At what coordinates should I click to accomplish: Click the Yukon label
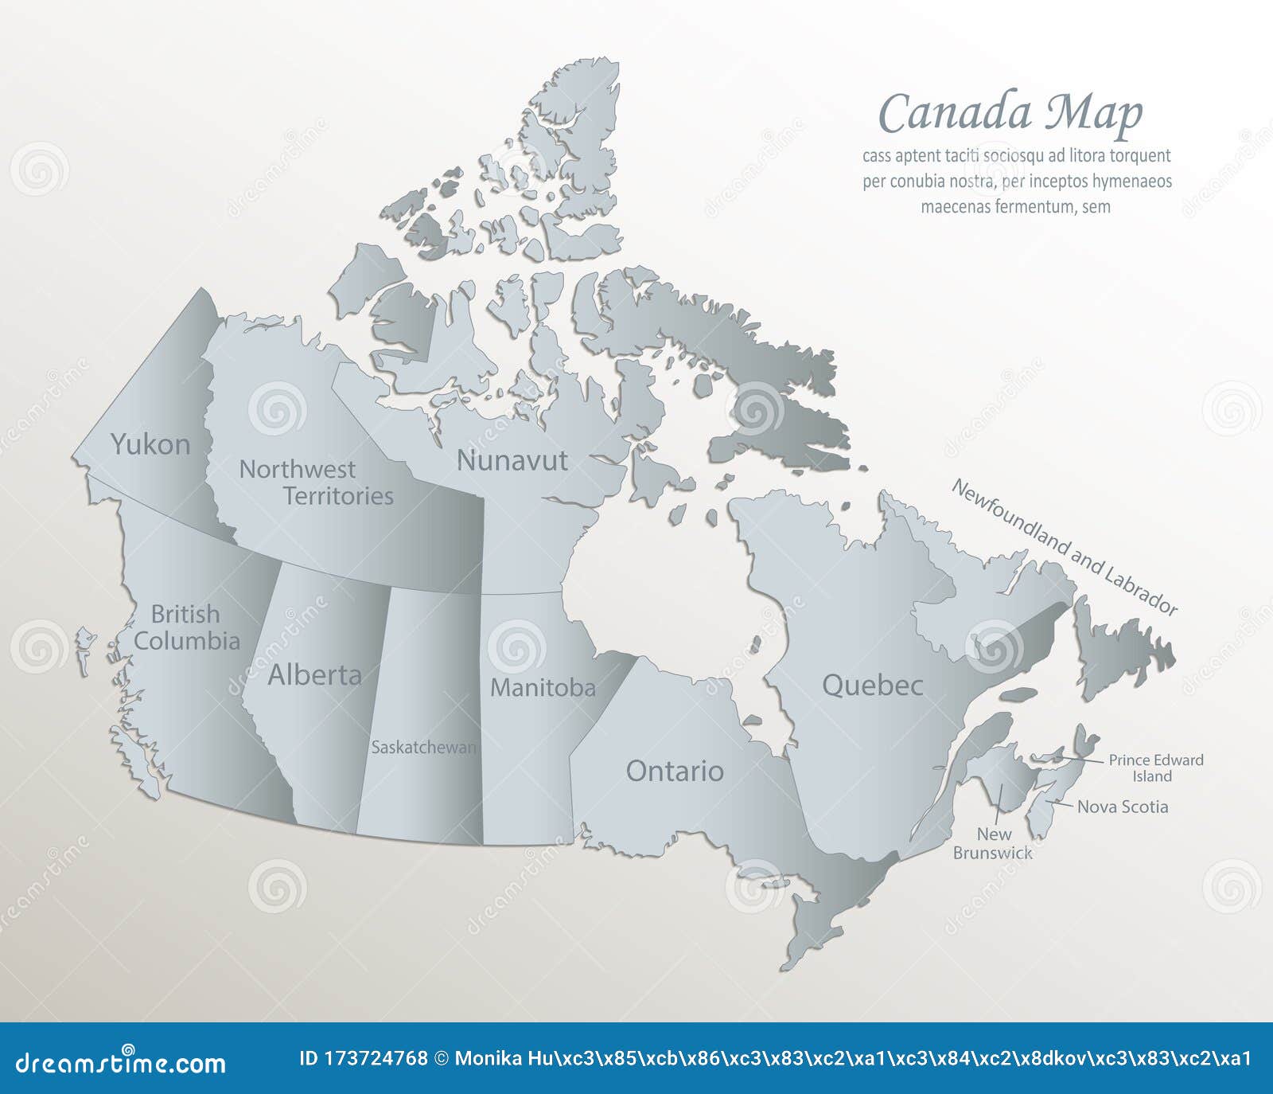click(x=150, y=444)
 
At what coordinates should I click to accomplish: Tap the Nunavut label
click(x=512, y=460)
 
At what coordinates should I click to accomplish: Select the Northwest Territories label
click(x=317, y=483)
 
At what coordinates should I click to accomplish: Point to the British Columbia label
click(x=186, y=627)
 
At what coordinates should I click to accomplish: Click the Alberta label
click(x=314, y=675)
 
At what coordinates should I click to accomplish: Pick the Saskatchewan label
click(x=423, y=748)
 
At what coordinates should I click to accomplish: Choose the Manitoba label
click(x=543, y=688)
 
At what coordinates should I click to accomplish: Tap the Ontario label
click(x=675, y=771)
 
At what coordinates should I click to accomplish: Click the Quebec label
click(x=872, y=685)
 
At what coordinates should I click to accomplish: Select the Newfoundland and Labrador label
click(x=1064, y=547)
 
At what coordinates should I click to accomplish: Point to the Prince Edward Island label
click(x=1155, y=768)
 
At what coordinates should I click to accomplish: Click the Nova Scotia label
click(x=1123, y=807)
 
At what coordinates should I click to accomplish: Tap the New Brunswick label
click(x=993, y=844)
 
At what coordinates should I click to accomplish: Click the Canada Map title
click(x=1010, y=113)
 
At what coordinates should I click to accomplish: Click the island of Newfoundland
click(x=1122, y=645)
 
